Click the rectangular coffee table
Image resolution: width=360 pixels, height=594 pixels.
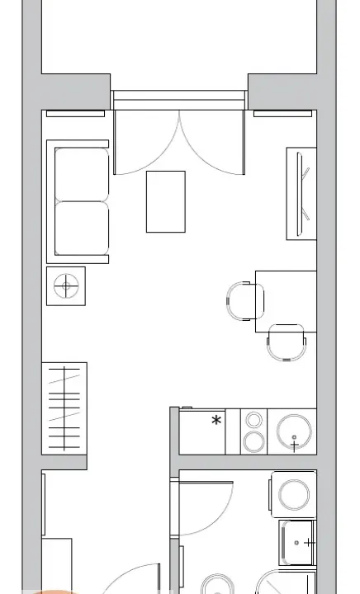(165, 201)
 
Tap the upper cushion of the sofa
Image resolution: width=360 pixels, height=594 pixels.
(81, 174)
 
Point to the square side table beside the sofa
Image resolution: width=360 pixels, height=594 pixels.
(66, 286)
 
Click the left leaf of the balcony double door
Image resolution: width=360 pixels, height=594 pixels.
(147, 142)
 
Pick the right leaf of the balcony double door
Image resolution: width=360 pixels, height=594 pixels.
(213, 142)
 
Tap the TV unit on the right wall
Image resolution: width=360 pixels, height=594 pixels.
(301, 194)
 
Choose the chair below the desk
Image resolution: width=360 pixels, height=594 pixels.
(287, 342)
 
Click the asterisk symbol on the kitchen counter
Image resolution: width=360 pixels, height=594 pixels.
(216, 421)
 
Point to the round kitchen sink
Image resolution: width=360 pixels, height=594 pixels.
(295, 431)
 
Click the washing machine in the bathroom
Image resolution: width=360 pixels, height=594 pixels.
(294, 495)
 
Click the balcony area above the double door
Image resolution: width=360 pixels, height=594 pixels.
(179, 41)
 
